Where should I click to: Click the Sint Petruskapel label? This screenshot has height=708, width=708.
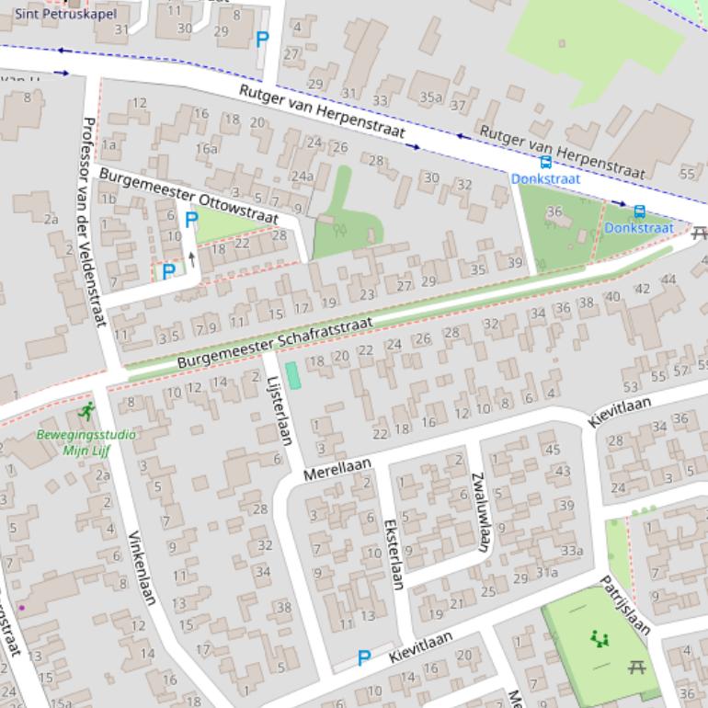tap(65, 13)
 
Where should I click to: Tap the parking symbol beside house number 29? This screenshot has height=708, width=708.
tap(262, 40)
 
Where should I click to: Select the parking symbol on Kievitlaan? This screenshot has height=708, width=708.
tap(364, 657)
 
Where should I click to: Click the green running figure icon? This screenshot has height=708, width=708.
tap(87, 411)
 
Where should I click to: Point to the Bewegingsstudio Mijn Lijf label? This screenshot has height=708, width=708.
tap(86, 442)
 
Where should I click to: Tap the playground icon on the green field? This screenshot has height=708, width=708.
tap(600, 638)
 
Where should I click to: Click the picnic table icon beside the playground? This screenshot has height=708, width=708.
tap(636, 667)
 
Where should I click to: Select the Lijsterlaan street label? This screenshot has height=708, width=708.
tap(279, 410)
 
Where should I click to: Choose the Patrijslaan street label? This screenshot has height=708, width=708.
tap(625, 605)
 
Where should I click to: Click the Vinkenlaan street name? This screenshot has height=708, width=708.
tap(142, 567)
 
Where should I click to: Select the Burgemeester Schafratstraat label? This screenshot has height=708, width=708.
tap(275, 342)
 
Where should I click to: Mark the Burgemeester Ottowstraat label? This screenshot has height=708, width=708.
tap(188, 195)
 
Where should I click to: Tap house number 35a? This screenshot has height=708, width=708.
tap(430, 97)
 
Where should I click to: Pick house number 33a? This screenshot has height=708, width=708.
tap(572, 551)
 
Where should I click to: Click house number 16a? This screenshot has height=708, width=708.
tap(206, 148)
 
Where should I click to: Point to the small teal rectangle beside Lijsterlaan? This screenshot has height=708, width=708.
tap(292, 375)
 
